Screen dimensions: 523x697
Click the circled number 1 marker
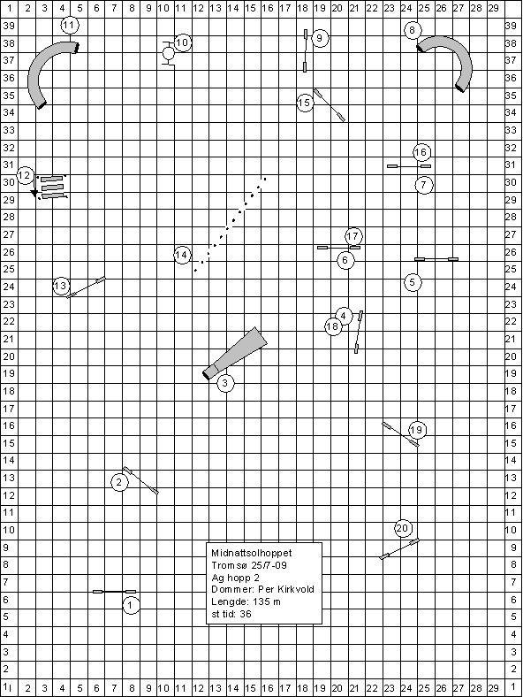tap(131, 605)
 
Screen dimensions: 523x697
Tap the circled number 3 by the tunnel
tap(225, 383)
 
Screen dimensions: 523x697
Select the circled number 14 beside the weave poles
tap(182, 255)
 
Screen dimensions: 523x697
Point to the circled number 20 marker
tap(402, 528)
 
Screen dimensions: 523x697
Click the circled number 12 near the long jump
tap(25, 175)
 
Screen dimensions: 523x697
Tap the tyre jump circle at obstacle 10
tap(168, 54)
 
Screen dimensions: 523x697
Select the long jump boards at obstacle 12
tap(52, 188)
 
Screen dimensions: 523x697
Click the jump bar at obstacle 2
tap(140, 480)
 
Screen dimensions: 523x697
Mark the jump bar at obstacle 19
tap(400, 434)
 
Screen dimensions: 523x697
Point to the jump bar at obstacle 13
tap(86, 287)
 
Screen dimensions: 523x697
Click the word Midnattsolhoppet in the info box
tap(252, 553)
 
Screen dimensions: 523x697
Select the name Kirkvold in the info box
tap(297, 589)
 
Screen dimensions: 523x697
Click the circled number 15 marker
tap(305, 103)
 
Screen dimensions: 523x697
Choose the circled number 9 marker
tap(320, 38)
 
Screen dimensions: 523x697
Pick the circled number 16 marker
tap(421, 152)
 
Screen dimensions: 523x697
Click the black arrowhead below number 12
tap(34, 193)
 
